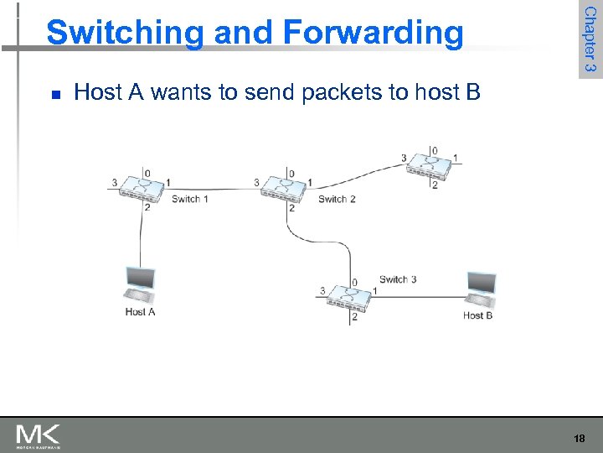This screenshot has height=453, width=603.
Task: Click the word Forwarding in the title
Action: [x=372, y=34]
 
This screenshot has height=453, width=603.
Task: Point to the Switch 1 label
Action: [x=189, y=199]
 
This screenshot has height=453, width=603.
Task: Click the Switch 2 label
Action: [x=337, y=199]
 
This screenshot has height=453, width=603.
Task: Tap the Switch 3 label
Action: [x=398, y=279]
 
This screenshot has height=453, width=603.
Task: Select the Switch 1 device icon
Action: [x=143, y=188]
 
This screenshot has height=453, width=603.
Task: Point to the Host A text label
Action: [x=140, y=312]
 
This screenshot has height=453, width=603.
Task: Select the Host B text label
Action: [x=477, y=315]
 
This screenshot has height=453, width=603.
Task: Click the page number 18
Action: [x=579, y=438]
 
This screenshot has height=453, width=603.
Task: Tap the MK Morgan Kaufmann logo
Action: [x=38, y=435]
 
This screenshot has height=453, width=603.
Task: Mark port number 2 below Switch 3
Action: [x=354, y=316]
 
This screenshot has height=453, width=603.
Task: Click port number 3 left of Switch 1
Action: [x=115, y=182]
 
